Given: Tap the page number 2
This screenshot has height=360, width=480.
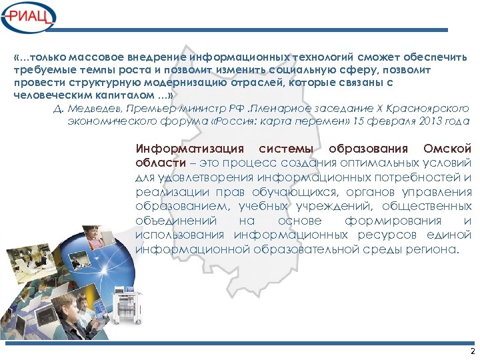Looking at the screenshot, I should tap(472, 351).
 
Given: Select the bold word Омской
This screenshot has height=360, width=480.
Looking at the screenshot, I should tap(447, 148).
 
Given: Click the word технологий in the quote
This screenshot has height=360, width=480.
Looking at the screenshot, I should tap(323, 57).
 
